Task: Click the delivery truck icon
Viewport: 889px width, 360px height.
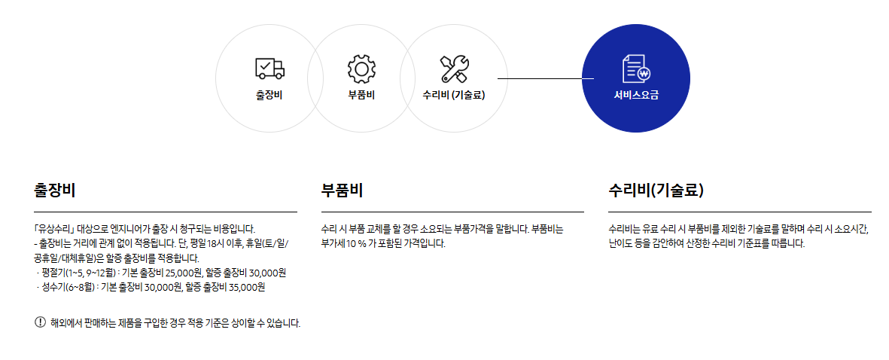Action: (x=269, y=69)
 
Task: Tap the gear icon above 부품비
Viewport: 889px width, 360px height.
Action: (x=361, y=69)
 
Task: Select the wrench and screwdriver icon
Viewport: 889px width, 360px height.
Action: (x=454, y=69)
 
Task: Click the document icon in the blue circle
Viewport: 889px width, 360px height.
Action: (x=635, y=69)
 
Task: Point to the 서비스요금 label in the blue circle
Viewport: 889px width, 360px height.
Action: (x=636, y=96)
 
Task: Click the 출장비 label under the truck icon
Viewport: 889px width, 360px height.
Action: (x=269, y=96)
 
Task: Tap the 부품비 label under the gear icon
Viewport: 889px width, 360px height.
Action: (x=361, y=96)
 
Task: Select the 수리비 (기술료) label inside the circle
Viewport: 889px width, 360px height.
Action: (x=454, y=96)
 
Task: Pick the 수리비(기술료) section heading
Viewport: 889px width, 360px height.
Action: (x=656, y=191)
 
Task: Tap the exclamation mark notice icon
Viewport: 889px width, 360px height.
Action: (x=40, y=322)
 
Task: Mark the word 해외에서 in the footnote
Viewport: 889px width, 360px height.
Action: (x=65, y=323)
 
